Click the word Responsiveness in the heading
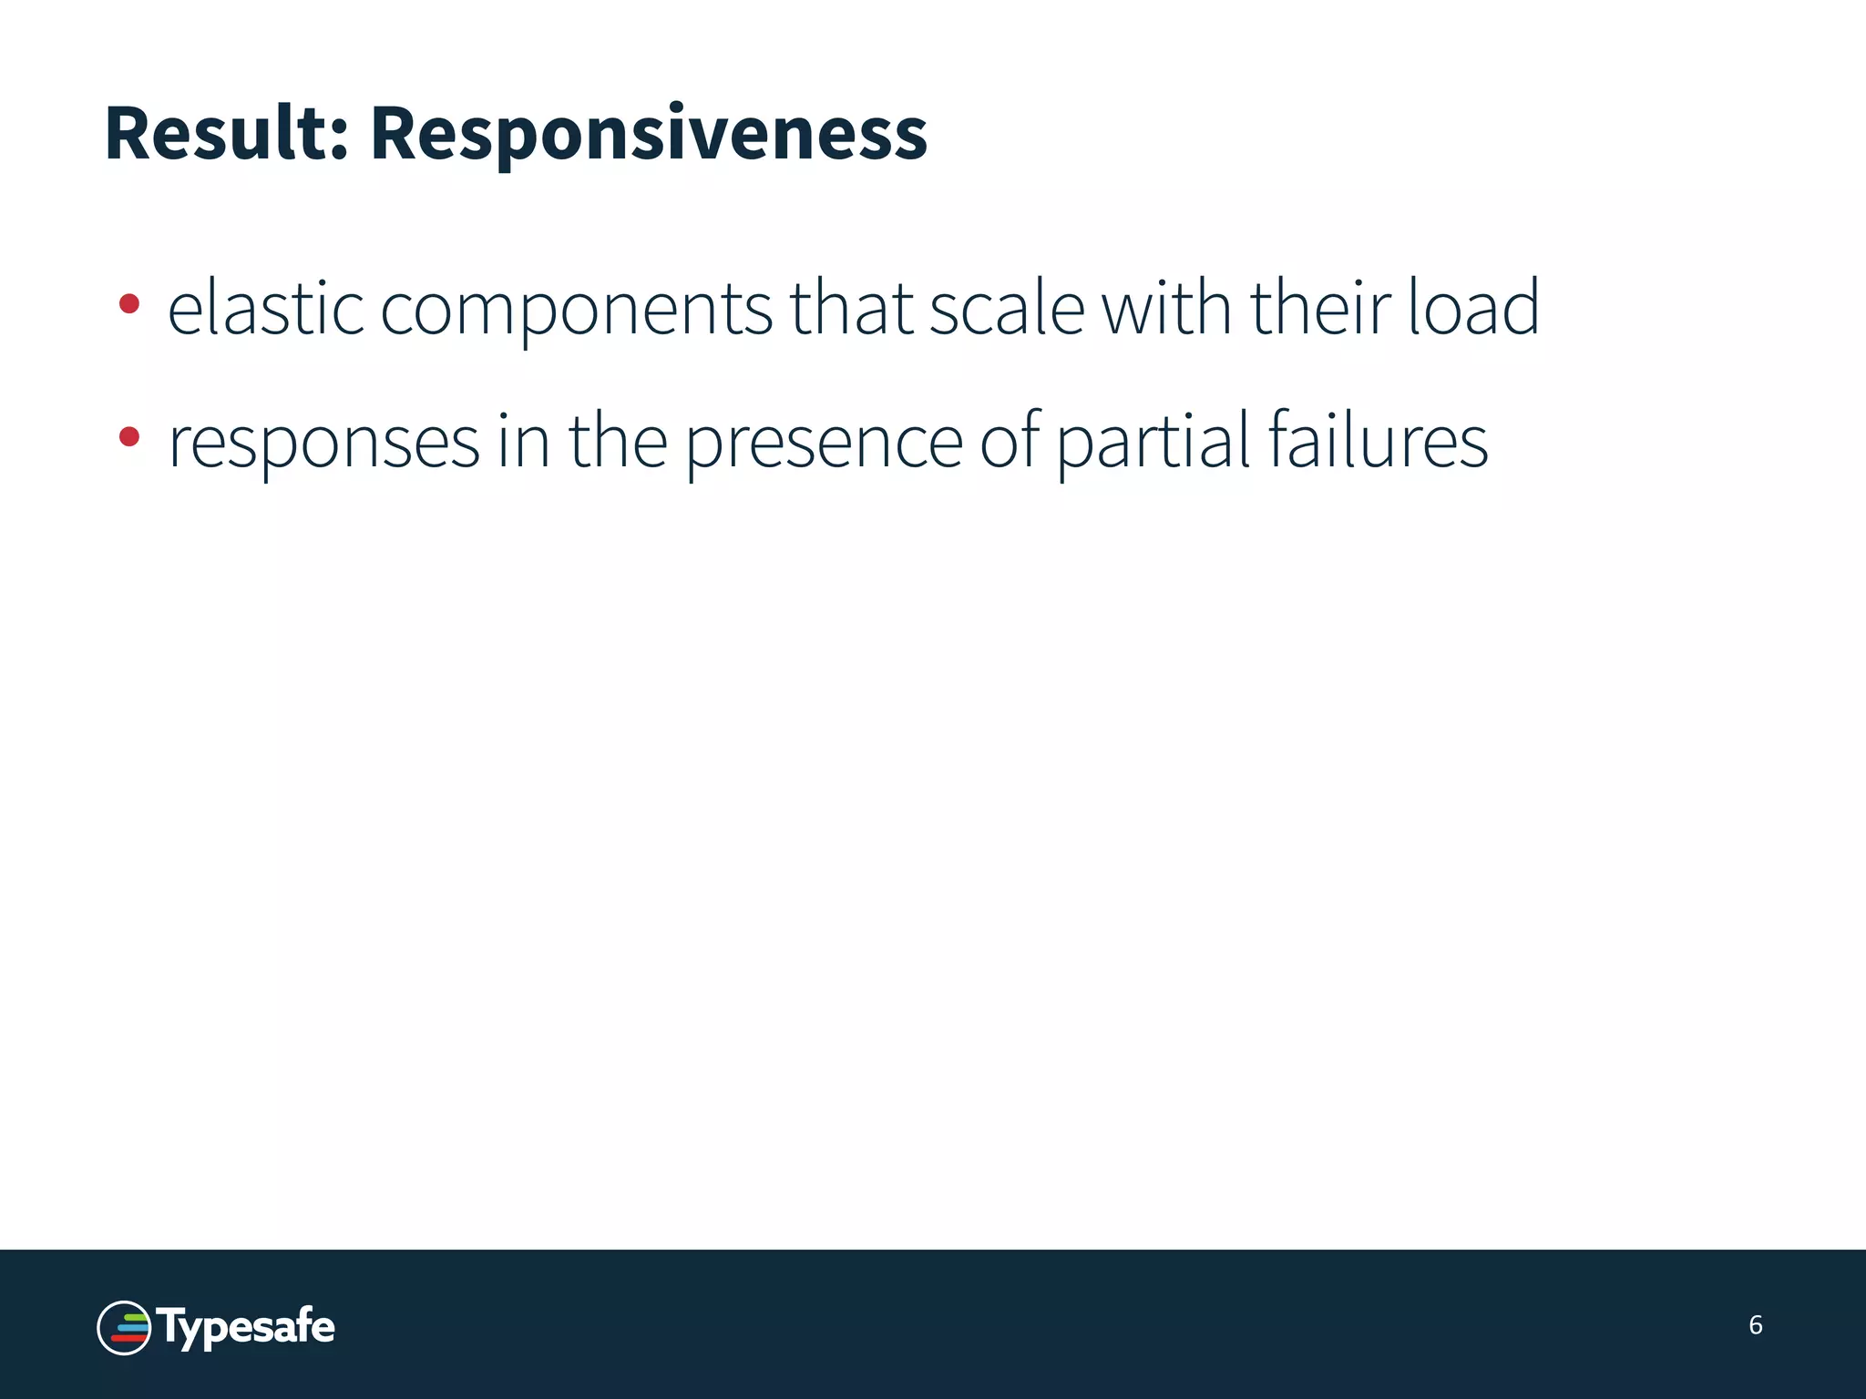tap(648, 134)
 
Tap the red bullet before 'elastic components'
tap(129, 303)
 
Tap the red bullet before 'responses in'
tap(129, 437)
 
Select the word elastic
tap(265, 308)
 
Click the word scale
tap(1007, 308)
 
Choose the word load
tap(1473, 308)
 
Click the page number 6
tap(1756, 1325)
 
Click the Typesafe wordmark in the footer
tap(247, 1328)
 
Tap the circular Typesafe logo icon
tap(124, 1328)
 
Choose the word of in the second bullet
tap(1010, 442)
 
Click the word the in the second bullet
tap(618, 442)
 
